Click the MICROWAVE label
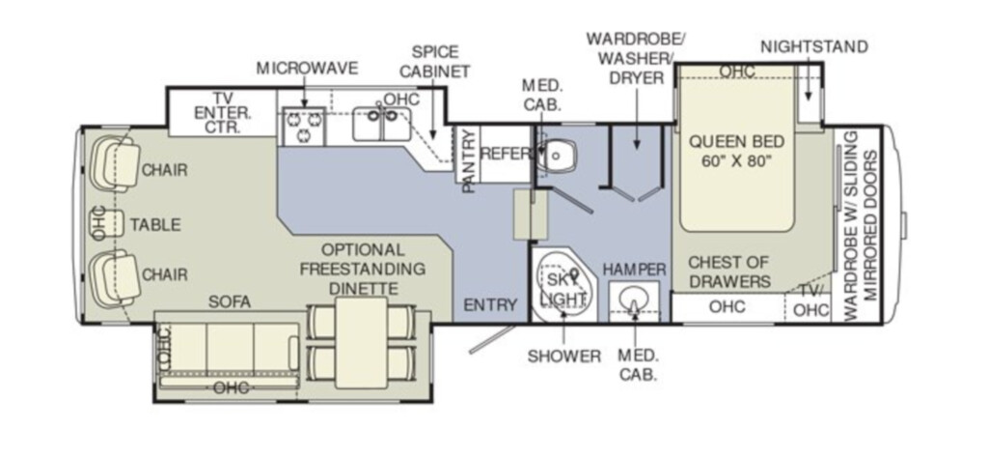307,69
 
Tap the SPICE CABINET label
435,61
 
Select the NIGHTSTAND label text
814,47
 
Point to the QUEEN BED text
736,141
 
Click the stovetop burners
304,126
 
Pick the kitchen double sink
381,123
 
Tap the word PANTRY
468,161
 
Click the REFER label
506,154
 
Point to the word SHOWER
563,357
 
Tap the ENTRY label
490,304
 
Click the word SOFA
230,302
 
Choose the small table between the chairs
108,223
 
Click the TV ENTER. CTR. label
223,113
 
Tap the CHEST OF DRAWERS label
729,272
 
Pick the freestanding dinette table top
361,343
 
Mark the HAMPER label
634,270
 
